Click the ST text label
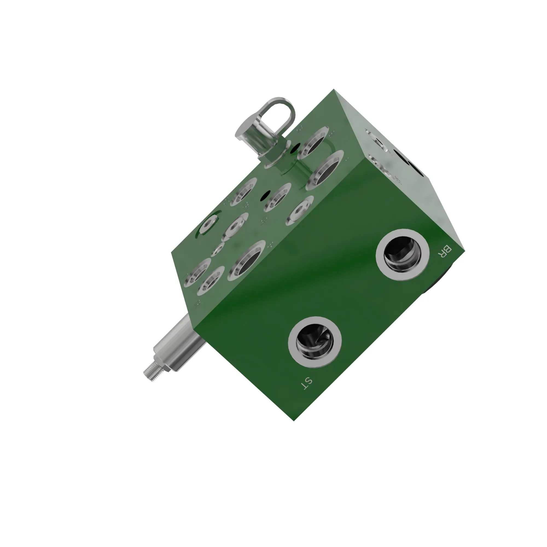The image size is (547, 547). point(306,384)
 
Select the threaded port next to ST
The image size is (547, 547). point(315,342)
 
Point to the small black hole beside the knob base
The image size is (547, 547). point(296,147)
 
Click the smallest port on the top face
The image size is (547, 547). point(218,249)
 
